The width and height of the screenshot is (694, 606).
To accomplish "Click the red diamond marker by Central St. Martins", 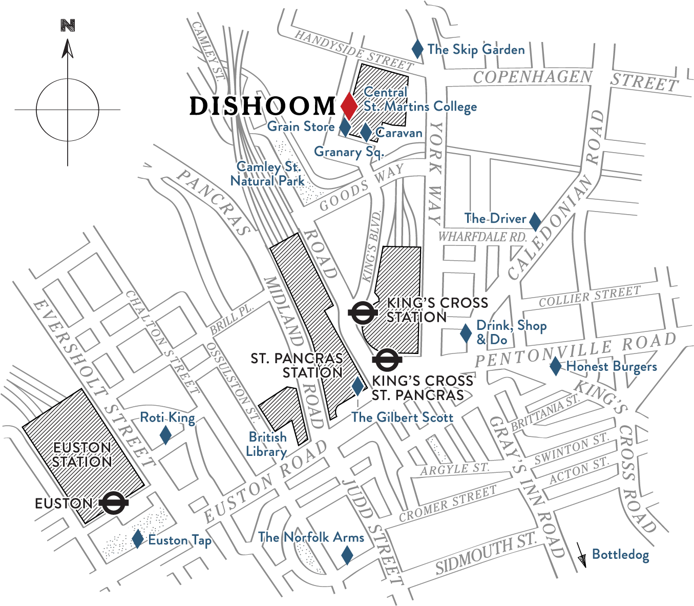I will (x=349, y=106).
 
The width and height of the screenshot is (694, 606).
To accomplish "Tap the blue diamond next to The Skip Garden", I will (x=417, y=49).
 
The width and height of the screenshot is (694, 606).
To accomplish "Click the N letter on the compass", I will (x=68, y=26).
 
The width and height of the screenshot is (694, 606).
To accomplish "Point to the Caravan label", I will (x=399, y=133).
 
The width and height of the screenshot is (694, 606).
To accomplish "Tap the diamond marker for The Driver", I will (x=535, y=221).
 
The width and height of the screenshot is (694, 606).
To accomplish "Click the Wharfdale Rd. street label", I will (x=482, y=237).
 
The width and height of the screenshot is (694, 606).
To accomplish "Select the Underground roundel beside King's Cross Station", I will (x=362, y=313).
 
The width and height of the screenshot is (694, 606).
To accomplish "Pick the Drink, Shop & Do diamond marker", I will (x=466, y=333).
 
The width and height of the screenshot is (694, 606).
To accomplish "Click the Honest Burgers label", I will (x=612, y=367).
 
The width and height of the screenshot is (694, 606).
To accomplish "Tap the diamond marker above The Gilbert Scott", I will (x=357, y=386).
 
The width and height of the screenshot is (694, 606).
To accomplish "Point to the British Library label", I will (x=267, y=444).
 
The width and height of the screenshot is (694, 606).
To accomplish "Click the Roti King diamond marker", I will (x=165, y=436).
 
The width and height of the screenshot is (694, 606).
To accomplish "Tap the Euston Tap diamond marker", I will (x=137, y=538).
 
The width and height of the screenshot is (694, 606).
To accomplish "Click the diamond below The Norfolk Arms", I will (x=347, y=555).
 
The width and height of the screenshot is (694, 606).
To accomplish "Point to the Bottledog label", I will (x=620, y=554).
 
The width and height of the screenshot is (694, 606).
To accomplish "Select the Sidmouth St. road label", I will (x=486, y=554).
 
